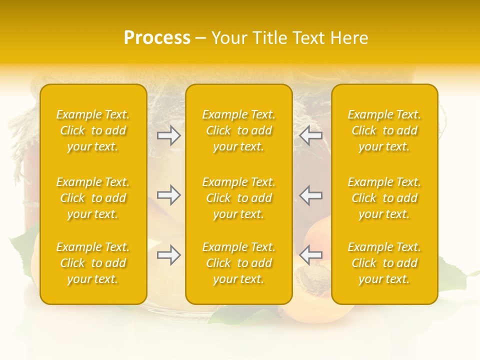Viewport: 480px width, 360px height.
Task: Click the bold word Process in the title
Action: (157, 38)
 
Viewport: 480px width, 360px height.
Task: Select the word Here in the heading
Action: (349, 38)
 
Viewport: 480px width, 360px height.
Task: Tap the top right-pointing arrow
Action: (169, 135)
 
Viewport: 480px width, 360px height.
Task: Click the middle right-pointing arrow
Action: (169, 195)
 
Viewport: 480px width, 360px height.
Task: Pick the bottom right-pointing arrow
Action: (169, 255)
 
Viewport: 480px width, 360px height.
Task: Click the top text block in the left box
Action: (93, 130)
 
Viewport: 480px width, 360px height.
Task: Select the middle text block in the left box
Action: (93, 198)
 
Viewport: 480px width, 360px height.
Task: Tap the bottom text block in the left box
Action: (93, 263)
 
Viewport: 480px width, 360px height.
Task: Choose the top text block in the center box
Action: (239, 130)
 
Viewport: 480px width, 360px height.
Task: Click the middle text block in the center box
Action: (239, 198)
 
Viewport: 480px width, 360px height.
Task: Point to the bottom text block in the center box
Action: (239, 263)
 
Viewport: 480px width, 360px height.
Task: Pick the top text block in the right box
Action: (384, 130)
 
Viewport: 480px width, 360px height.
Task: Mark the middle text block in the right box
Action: (384, 198)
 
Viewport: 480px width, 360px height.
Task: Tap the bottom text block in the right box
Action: (384, 263)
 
